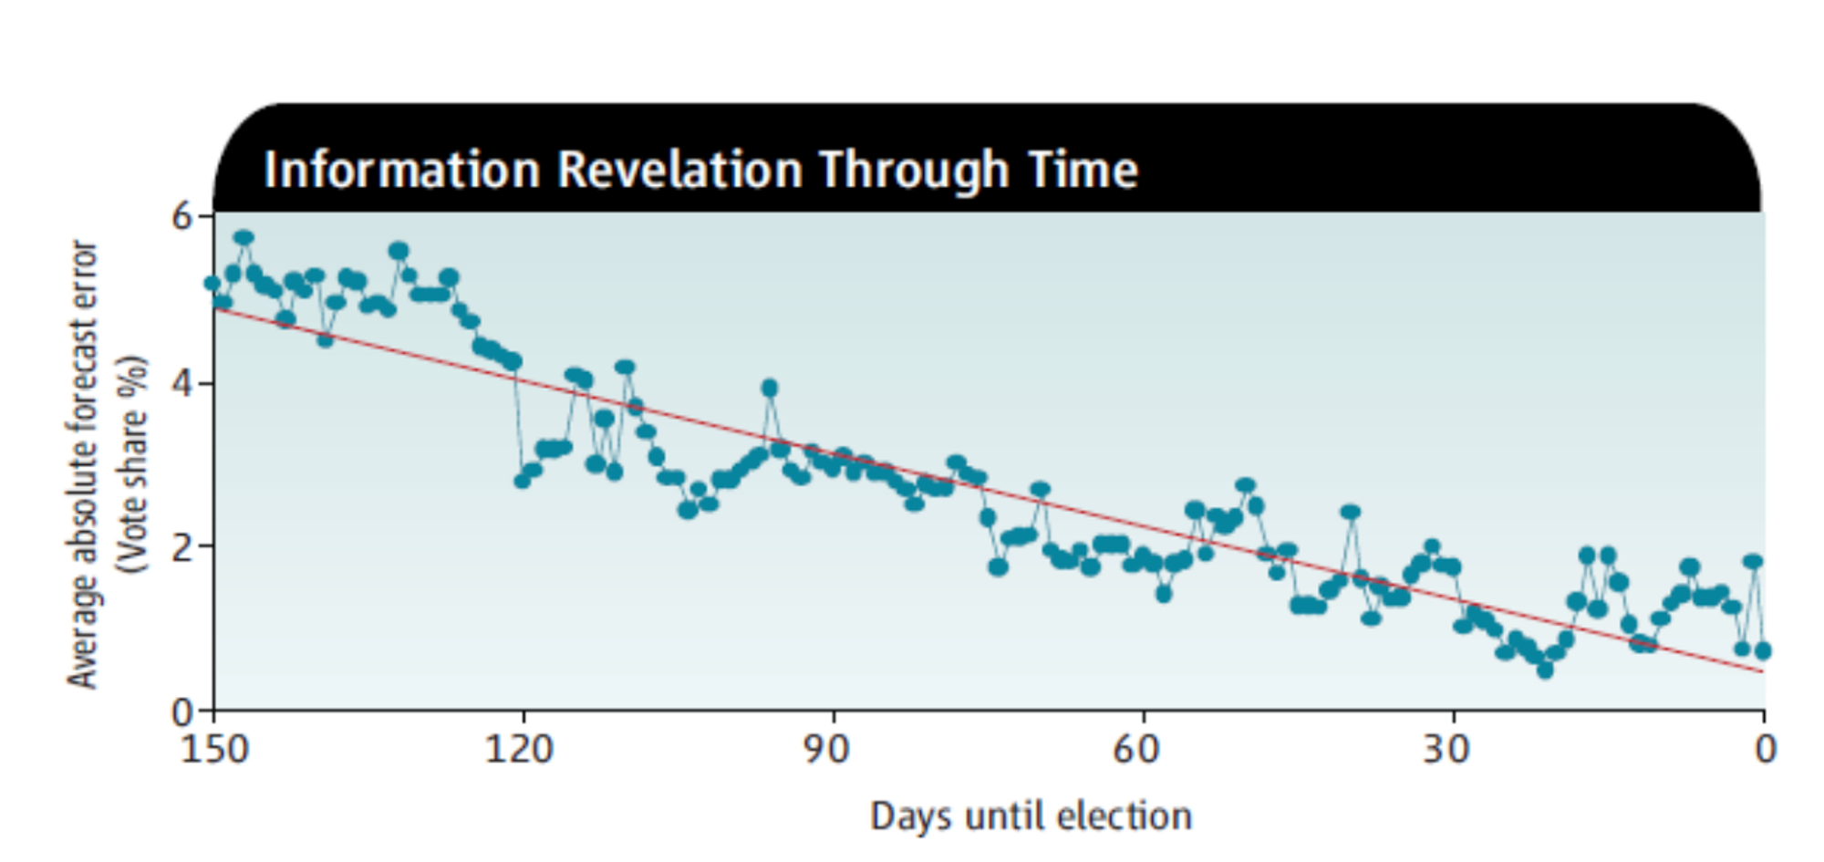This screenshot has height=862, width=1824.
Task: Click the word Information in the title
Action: coord(402,170)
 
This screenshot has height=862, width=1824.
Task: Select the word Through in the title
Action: coord(914,171)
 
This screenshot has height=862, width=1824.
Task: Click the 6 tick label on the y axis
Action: coord(182,216)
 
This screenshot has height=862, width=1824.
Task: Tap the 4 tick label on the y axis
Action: coord(182,382)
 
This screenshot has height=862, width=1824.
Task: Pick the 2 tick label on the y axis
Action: coord(182,546)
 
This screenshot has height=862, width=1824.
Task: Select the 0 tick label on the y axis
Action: coord(182,711)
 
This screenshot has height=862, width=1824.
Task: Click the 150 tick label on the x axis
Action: coord(214,750)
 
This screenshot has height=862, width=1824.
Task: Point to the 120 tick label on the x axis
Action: coord(520,750)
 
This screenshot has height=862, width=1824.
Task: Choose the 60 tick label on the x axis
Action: coord(1135,750)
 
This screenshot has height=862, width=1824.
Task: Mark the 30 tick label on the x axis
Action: coord(1446,750)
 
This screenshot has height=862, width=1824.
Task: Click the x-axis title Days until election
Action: coord(1031,816)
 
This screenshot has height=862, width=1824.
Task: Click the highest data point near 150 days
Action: coord(244,238)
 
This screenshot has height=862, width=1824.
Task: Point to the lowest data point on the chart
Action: coord(1545,670)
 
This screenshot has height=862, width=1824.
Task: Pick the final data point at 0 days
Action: coord(1763,650)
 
